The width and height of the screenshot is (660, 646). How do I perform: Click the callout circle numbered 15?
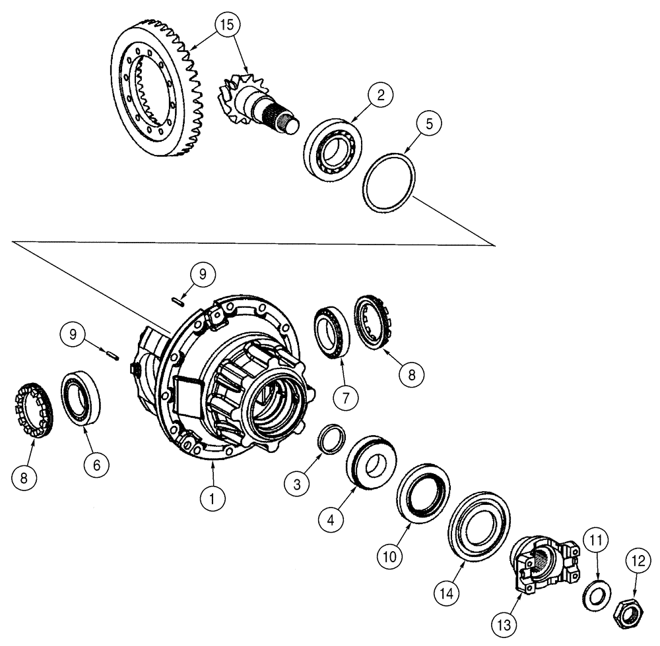pos(227,26)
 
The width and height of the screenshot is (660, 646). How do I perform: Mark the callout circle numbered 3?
pos(298,484)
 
